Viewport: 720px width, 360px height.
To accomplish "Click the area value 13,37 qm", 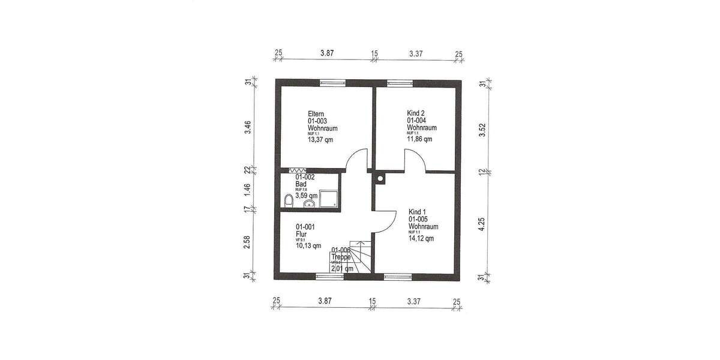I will pos(320,139).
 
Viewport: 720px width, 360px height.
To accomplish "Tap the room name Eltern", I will pos(316,114).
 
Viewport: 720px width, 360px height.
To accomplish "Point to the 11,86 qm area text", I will pos(420,139).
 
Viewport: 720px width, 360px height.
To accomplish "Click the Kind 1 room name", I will pos(419,212).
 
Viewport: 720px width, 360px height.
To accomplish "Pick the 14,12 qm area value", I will pos(421,238).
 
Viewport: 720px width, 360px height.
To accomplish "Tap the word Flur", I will pos(301,234).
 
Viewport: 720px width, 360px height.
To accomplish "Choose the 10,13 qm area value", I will pos(308,245).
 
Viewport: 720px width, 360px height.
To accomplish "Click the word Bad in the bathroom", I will pos(301,184).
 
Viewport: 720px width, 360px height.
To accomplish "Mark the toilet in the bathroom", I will pos(288,200).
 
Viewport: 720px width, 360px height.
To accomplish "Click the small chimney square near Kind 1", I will pos(380,178).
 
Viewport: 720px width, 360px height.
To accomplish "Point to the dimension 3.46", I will pos(248,128).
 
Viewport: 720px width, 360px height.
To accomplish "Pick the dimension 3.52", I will pos(481,130).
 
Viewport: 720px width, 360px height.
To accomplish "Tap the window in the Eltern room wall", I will pos(331,83).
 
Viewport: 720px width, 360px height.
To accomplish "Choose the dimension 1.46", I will pos(248,191).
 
